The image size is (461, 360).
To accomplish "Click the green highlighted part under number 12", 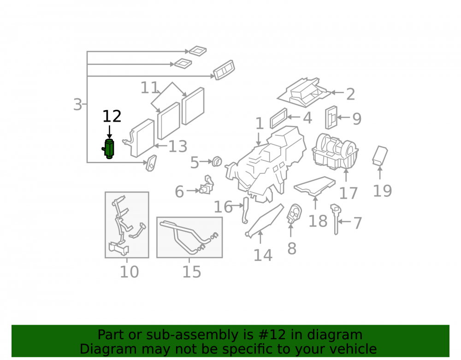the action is pyautogui.click(x=109, y=149).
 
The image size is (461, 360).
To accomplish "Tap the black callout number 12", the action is pyautogui.click(x=112, y=116).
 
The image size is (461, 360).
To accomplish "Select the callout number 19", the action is pyautogui.click(x=382, y=191).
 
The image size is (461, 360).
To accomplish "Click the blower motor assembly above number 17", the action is pyautogui.click(x=335, y=152).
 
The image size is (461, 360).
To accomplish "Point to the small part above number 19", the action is pyautogui.click(x=380, y=156).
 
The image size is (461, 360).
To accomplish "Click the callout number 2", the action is pyautogui.click(x=350, y=94).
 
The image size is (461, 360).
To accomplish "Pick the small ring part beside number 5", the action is pyautogui.click(x=217, y=161).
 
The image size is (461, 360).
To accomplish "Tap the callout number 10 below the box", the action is pyautogui.click(x=129, y=272).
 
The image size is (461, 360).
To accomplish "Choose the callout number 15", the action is pyautogui.click(x=192, y=272).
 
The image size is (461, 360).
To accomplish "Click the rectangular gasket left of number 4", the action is pyautogui.click(x=278, y=118).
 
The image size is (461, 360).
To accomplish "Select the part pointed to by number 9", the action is pyautogui.click(x=331, y=118).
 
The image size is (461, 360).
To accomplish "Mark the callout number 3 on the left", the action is pyautogui.click(x=77, y=105).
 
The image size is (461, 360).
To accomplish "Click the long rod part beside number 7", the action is pyautogui.click(x=336, y=219).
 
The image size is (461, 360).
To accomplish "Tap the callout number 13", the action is pyautogui.click(x=177, y=147).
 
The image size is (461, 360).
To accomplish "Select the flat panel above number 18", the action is pyautogui.click(x=314, y=186).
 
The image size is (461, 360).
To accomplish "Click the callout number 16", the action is pyautogui.click(x=223, y=207).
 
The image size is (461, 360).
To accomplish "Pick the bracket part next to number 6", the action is pyautogui.click(x=207, y=185).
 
